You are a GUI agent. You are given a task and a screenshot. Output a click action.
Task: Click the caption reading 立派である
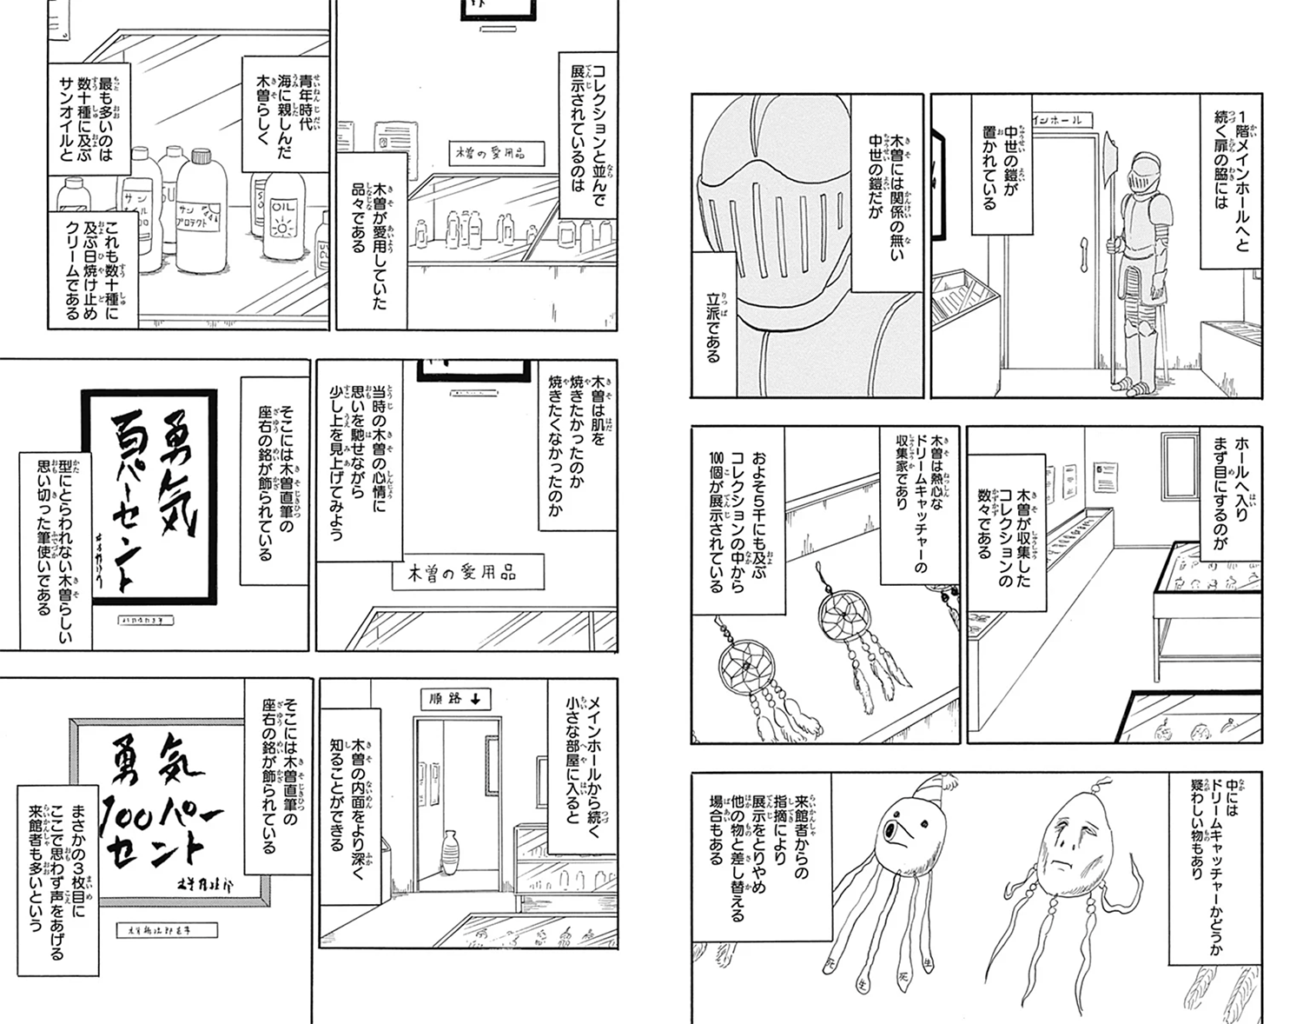(715, 321)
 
